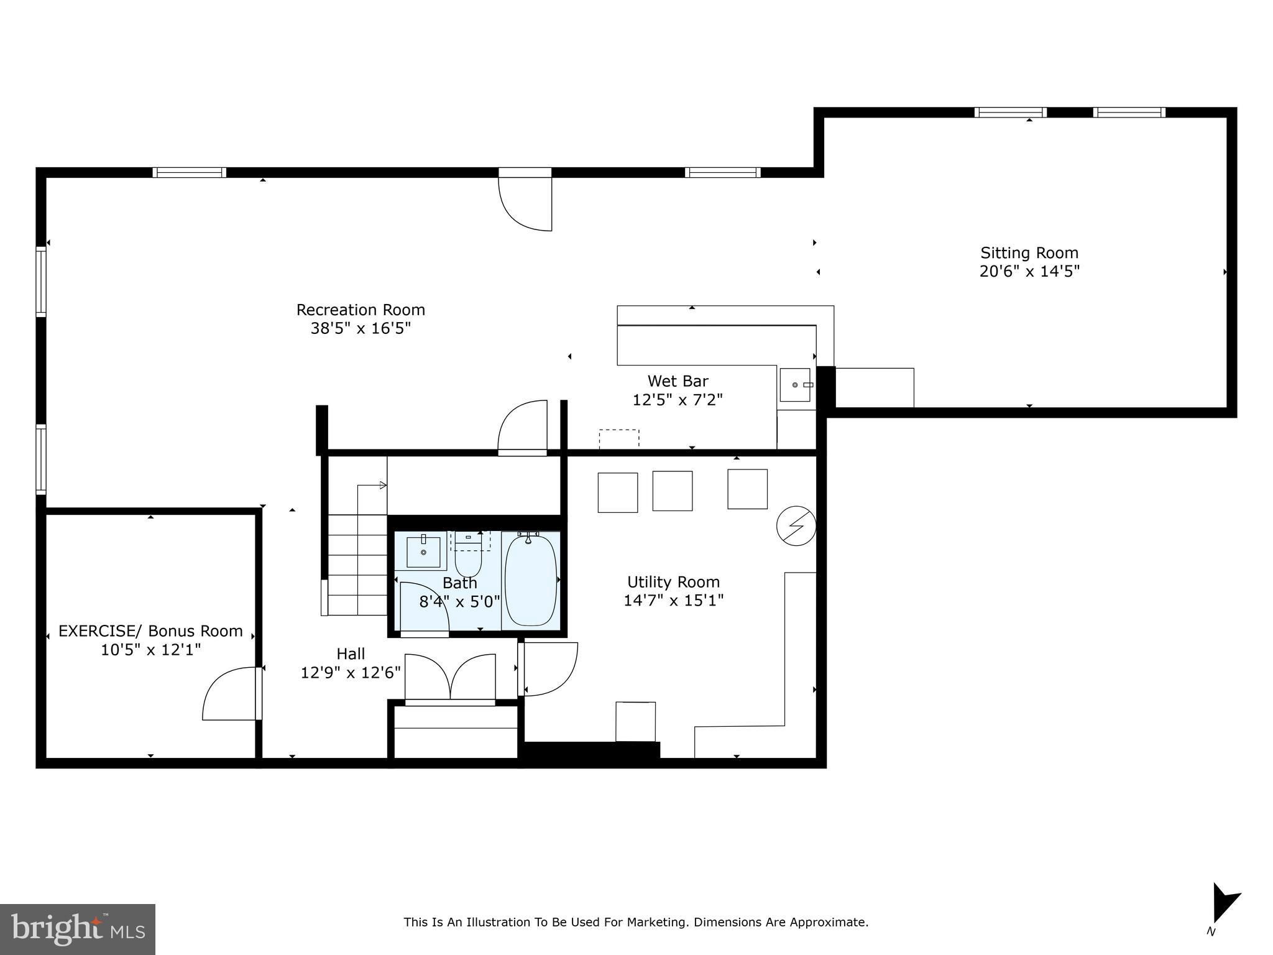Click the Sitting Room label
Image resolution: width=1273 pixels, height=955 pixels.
[1029, 253]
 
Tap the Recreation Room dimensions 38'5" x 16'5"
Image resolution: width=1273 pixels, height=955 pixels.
[361, 328]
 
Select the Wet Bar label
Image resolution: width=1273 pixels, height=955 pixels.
[678, 381]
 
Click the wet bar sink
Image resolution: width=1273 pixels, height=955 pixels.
[795, 385]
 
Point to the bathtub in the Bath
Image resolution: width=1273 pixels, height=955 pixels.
[530, 579]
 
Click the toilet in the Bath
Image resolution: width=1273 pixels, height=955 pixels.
[468, 558]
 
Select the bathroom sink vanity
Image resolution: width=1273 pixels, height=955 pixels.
[423, 552]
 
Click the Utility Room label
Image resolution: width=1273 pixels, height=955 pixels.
[673, 582]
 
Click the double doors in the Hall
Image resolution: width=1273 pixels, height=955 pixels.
[450, 678]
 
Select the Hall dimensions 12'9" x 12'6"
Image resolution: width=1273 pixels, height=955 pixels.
[351, 673]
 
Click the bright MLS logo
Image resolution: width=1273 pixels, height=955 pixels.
[78, 930]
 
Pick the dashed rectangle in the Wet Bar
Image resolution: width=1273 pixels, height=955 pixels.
[618, 438]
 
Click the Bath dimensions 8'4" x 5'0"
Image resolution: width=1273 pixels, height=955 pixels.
[459, 602]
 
